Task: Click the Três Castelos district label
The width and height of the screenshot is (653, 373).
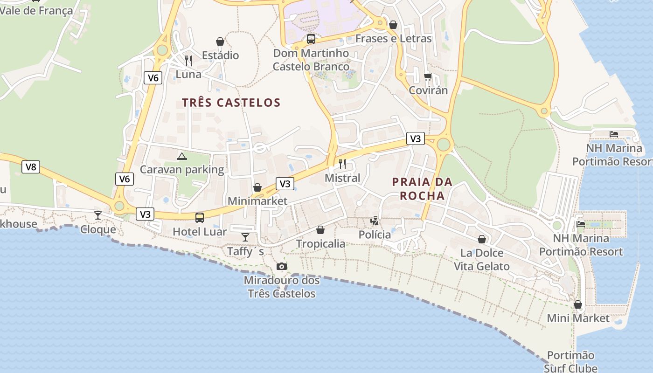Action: tap(231, 103)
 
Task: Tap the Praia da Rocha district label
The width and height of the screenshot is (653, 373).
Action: tap(423, 188)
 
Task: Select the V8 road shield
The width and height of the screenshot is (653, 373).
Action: tap(31, 167)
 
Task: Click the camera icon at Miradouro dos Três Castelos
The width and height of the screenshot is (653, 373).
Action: tap(282, 266)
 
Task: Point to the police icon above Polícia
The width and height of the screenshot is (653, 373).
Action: tap(374, 221)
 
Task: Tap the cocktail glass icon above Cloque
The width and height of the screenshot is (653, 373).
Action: tap(98, 215)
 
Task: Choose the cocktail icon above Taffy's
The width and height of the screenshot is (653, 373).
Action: tap(245, 237)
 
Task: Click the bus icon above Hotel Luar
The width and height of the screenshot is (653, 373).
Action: tap(200, 217)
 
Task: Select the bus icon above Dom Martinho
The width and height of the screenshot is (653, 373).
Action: tap(311, 39)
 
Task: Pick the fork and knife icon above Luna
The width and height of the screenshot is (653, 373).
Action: tap(188, 60)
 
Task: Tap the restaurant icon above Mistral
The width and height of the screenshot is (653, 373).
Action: tap(342, 164)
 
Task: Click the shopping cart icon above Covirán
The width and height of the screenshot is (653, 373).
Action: tap(428, 76)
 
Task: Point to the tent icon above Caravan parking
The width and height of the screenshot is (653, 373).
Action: tap(182, 156)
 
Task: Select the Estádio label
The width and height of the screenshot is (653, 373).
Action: tap(220, 55)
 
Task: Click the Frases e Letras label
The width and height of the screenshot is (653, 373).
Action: tap(394, 39)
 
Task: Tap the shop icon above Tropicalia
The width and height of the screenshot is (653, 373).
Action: tap(320, 230)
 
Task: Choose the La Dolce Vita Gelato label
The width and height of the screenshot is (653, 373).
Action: tap(482, 260)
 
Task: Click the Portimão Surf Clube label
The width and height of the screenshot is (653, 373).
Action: tap(571, 362)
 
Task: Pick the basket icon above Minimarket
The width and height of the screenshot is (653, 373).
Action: tap(257, 187)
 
